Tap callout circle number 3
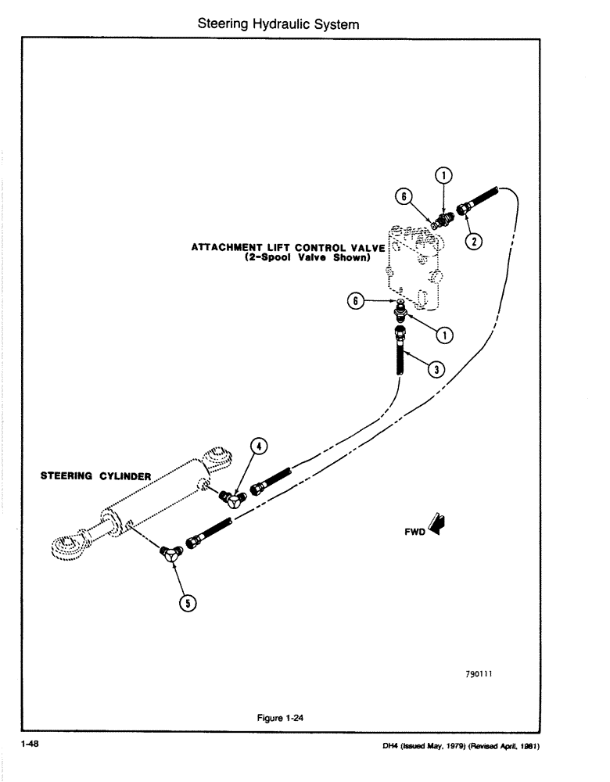tap(440, 368)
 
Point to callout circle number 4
tap(260, 447)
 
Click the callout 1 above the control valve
tap(443, 175)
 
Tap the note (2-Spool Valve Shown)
tap(306, 257)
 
